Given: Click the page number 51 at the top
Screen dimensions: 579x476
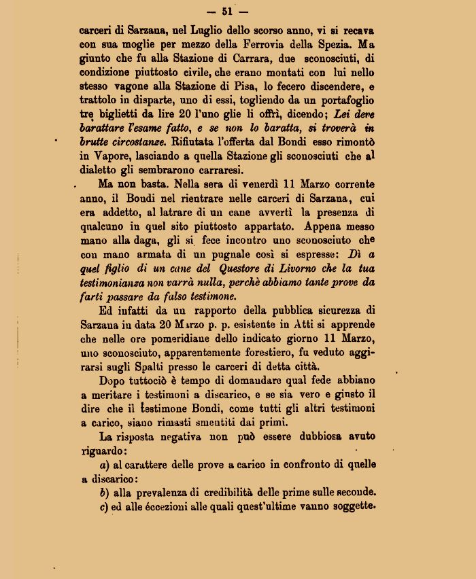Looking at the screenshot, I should [x=236, y=12].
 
